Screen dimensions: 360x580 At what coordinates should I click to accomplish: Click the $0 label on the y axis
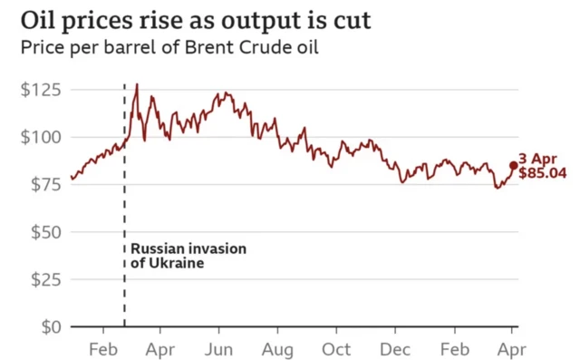pyautogui.click(x=43, y=326)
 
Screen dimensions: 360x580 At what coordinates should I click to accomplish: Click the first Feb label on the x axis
pyautogui.click(x=102, y=349)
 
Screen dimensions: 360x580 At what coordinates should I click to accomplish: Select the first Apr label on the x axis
pyautogui.click(x=160, y=349)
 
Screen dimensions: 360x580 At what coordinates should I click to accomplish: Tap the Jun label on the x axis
pyautogui.click(x=219, y=349)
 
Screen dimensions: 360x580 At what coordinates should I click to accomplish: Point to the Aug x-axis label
pyautogui.click(x=277, y=349)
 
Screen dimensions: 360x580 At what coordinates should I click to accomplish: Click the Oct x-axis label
pyautogui.click(x=336, y=349)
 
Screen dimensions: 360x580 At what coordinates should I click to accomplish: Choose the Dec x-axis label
pyautogui.click(x=395, y=349)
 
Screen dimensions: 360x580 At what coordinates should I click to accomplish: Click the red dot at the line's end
pyautogui.click(x=514, y=165)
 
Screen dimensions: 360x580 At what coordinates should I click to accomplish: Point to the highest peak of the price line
pyautogui.click(x=137, y=84)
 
